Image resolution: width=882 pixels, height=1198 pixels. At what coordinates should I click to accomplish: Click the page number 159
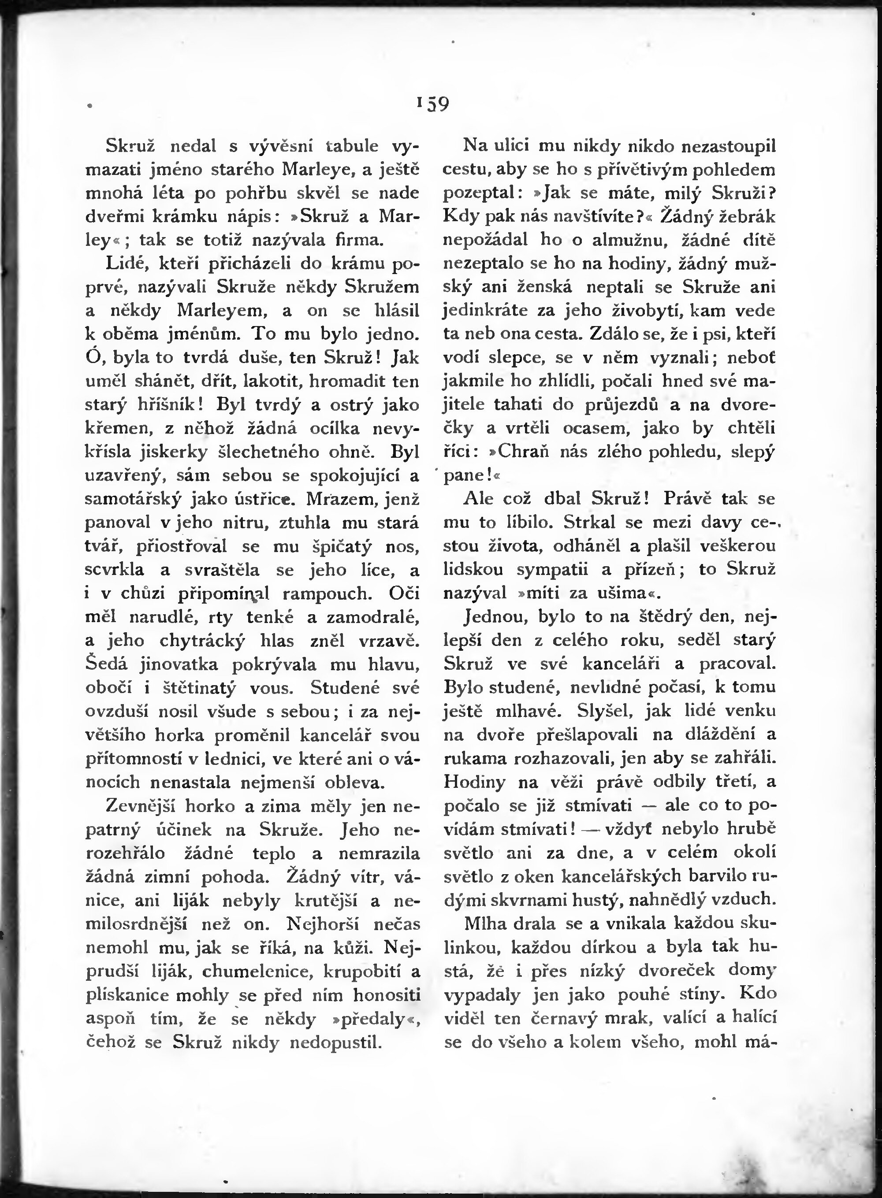tap(433, 103)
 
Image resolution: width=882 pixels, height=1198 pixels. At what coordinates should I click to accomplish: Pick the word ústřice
tap(265, 499)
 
